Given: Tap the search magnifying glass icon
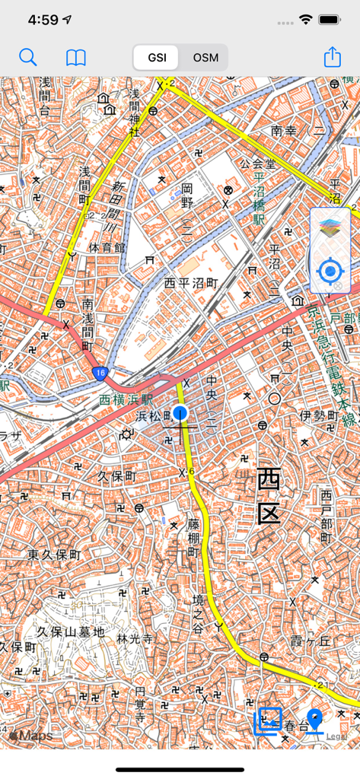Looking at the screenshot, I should point(27,57).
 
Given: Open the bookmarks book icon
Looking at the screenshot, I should point(76,57).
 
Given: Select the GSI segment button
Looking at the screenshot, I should point(157,58).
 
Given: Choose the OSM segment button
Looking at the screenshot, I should point(205,58).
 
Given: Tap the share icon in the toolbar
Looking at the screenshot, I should point(332,57).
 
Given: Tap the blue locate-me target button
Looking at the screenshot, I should point(330,271).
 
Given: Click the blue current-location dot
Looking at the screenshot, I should point(180,412).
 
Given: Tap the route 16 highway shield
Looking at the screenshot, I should point(100,372).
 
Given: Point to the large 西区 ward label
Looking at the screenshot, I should point(268,496).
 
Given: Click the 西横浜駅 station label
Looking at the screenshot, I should point(126,399).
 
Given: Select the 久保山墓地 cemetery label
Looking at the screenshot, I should point(71,631).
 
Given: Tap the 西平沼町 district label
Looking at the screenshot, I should point(191,282).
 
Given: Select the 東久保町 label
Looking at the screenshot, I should point(53,555).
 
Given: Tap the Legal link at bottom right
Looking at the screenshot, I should point(336,736).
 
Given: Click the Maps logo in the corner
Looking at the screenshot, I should point(32,736).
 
